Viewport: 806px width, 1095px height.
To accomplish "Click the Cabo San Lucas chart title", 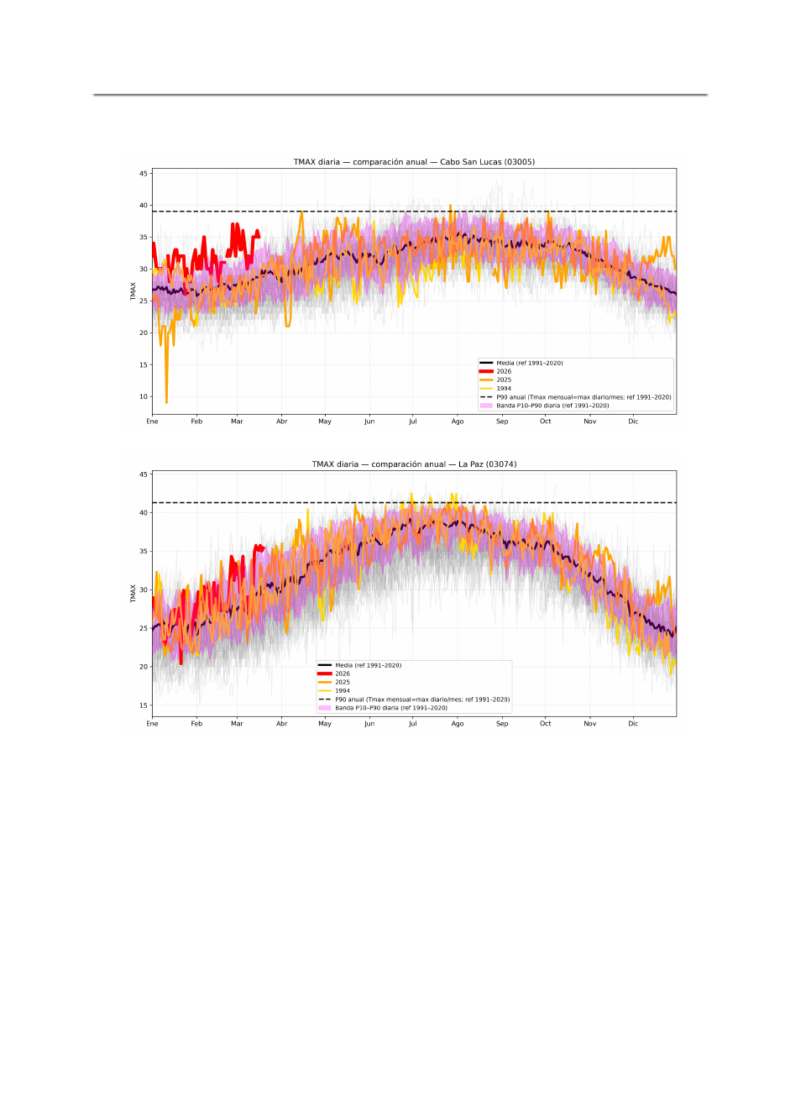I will (x=414, y=162).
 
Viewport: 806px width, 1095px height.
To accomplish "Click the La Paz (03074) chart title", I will (x=414, y=464).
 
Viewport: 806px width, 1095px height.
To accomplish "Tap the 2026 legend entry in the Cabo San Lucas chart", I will (x=504, y=371).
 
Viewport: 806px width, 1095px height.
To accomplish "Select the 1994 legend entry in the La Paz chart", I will (x=343, y=691).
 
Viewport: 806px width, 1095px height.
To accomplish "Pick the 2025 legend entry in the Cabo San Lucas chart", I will (x=504, y=380).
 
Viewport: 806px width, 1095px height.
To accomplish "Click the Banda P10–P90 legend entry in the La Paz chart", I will (x=391, y=708).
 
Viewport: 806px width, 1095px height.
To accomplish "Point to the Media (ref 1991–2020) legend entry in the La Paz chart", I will (x=368, y=665).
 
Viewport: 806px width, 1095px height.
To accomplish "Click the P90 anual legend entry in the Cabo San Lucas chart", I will (x=584, y=397).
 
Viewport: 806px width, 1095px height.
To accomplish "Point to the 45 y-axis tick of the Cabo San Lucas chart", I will (x=144, y=174).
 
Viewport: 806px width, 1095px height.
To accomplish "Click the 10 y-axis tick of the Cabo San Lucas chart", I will (x=144, y=396).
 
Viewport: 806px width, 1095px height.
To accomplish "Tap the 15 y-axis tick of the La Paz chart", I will (x=144, y=705).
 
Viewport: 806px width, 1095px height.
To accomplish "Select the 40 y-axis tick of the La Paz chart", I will (x=144, y=513).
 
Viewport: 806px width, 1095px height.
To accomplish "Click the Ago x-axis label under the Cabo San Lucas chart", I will (x=458, y=422).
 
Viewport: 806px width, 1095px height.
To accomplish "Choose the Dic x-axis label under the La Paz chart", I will (x=633, y=724).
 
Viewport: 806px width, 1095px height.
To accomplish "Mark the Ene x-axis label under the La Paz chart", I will (x=152, y=724).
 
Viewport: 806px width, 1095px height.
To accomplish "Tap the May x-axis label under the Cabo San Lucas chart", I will (x=325, y=422).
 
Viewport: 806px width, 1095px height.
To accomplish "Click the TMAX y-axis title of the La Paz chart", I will (x=133, y=594).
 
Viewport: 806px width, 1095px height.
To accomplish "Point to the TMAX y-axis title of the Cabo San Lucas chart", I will (x=133, y=291).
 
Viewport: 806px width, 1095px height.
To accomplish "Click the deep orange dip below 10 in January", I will (x=166, y=401).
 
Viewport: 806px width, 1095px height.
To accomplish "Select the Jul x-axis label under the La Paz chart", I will (x=413, y=724).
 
